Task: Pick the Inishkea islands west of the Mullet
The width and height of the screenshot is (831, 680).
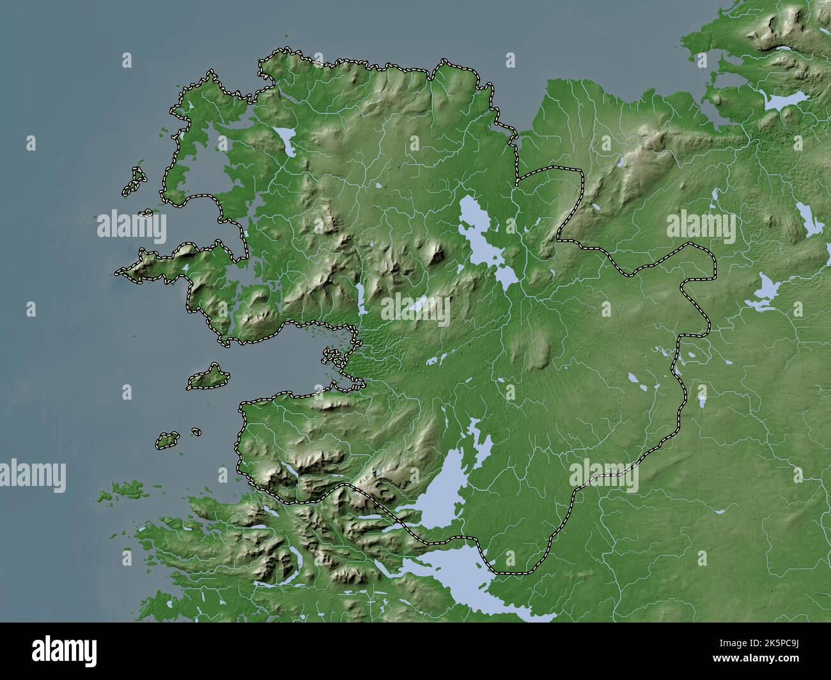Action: [134, 181]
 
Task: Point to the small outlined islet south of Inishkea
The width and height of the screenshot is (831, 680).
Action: [148, 213]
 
